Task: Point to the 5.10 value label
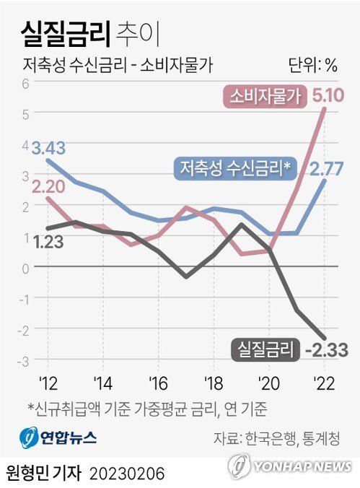(x=328, y=95)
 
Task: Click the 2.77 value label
(x=328, y=169)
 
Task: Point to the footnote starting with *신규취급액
(x=147, y=409)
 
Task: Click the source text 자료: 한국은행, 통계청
(x=276, y=438)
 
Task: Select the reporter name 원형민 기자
(x=45, y=473)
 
